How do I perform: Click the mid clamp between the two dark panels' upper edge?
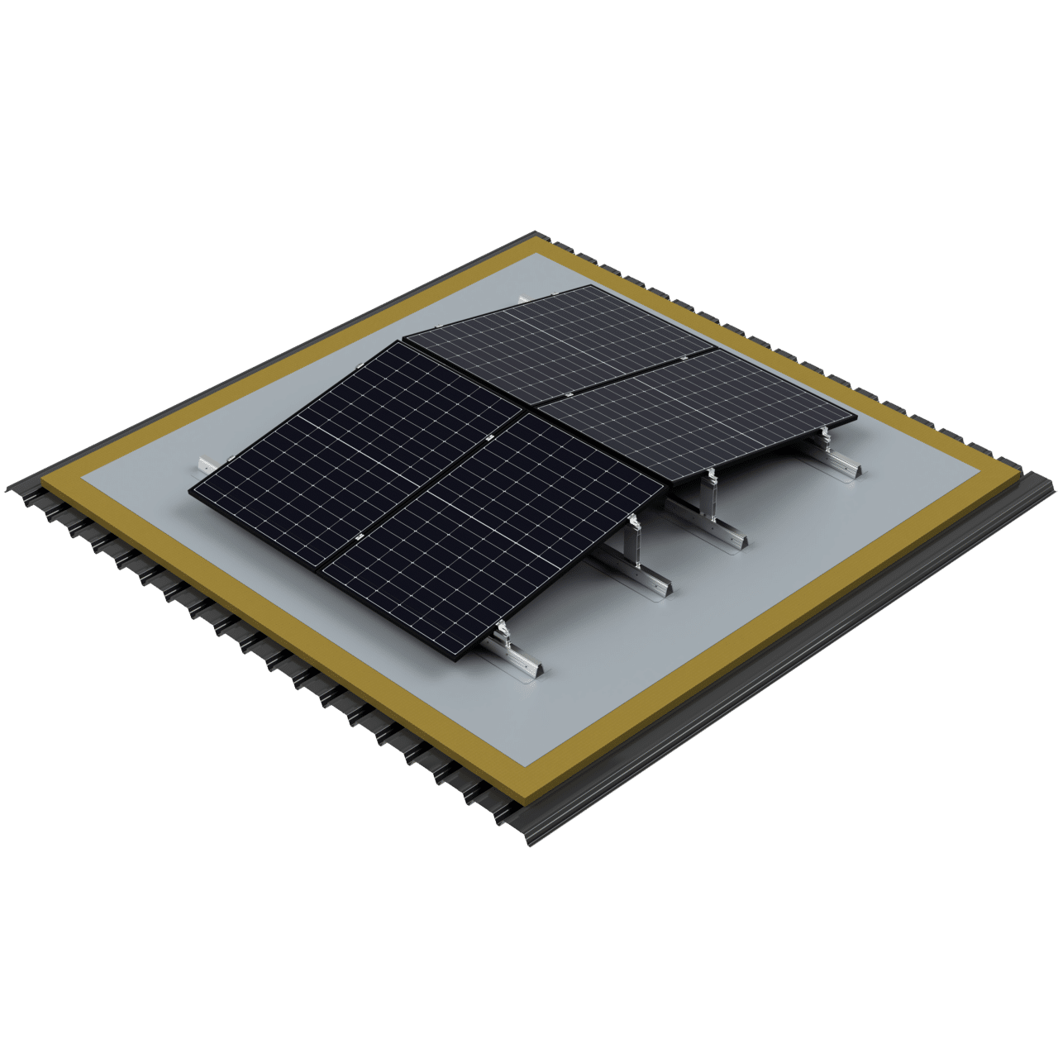[x=489, y=436]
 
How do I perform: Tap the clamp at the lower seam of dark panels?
[x=359, y=536]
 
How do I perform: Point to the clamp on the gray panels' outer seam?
[x=685, y=356]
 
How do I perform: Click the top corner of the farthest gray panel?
[x=589, y=286]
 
